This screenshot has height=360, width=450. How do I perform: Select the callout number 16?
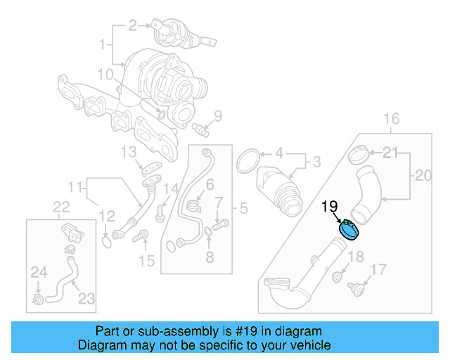[x=391, y=118]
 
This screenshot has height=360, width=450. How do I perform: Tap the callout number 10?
[x=105, y=74]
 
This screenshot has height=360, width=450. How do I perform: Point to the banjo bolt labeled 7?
[x=221, y=225]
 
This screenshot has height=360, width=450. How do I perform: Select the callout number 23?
[x=86, y=299]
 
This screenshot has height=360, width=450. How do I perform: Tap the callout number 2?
[x=133, y=26]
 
